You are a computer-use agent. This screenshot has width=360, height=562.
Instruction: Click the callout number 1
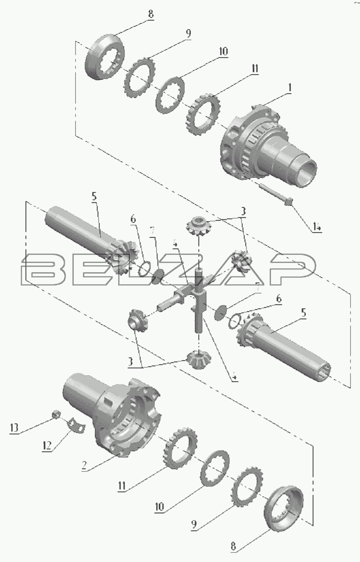tap(290, 88)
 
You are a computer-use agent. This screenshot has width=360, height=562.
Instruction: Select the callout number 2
tap(84, 466)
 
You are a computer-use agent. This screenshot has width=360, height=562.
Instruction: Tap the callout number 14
tap(316, 227)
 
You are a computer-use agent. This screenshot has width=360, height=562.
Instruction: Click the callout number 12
tap(47, 445)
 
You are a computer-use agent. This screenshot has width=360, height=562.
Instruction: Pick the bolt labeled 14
tap(275, 194)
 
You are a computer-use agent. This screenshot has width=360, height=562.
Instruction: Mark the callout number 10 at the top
tap(223, 51)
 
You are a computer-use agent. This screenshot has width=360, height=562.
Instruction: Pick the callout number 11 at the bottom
tap(122, 486)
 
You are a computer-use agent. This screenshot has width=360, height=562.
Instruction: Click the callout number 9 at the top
tap(188, 33)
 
